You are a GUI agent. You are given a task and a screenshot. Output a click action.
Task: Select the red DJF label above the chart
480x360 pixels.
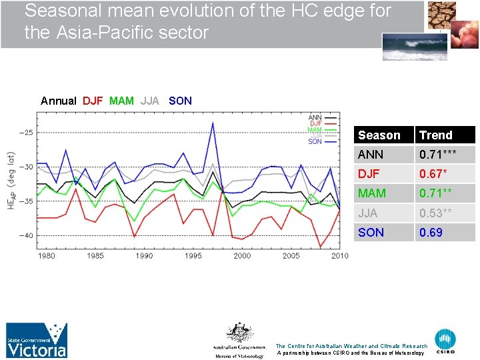[x=93, y=101]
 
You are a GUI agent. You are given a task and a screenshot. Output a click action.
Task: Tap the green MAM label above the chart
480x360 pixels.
[x=121, y=101]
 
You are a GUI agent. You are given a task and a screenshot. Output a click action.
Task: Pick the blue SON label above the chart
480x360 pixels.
[x=180, y=101]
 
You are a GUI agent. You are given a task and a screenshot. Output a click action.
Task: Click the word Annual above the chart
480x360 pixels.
[x=59, y=101]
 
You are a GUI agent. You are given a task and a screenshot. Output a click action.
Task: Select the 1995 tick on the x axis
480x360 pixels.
[x=193, y=256]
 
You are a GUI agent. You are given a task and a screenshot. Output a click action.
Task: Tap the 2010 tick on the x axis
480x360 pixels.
[x=339, y=256]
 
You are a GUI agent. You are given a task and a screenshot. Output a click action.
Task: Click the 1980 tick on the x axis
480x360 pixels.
[x=46, y=256]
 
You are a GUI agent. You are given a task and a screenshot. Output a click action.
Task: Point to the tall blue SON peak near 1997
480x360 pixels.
[x=213, y=123]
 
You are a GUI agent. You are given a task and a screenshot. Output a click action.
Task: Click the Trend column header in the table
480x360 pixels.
[x=435, y=135]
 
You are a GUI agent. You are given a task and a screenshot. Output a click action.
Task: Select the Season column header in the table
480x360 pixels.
[x=379, y=135]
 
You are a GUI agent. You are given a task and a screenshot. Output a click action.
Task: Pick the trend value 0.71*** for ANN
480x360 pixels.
[x=437, y=155]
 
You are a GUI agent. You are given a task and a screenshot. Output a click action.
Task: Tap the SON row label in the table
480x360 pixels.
[x=371, y=233]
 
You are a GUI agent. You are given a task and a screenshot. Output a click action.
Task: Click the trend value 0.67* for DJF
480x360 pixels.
[x=433, y=174]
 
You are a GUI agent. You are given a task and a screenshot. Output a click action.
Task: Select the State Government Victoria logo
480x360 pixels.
[x=37, y=340]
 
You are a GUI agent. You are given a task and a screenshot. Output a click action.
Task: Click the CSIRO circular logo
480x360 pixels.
[x=445, y=341]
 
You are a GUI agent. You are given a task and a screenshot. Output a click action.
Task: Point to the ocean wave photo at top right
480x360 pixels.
[x=409, y=47]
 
